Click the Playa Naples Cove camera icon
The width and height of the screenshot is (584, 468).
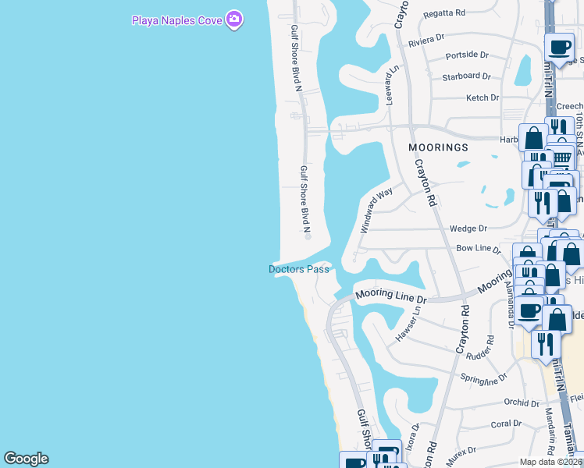(x=233, y=20)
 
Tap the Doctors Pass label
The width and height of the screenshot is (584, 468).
(x=299, y=269)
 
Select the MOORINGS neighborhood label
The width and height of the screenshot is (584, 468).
(x=438, y=147)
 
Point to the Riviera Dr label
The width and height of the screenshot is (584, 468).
(x=426, y=37)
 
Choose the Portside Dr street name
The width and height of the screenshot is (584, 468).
(x=466, y=55)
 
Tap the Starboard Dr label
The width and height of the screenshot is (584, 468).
(x=466, y=76)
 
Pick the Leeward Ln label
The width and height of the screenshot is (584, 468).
(x=386, y=85)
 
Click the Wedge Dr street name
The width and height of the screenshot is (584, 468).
(x=468, y=229)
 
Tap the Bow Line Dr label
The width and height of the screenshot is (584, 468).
(x=478, y=248)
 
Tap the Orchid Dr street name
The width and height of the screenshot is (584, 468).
(x=522, y=403)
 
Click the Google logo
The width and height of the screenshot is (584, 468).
(x=26, y=459)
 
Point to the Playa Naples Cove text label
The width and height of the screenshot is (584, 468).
(x=177, y=20)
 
